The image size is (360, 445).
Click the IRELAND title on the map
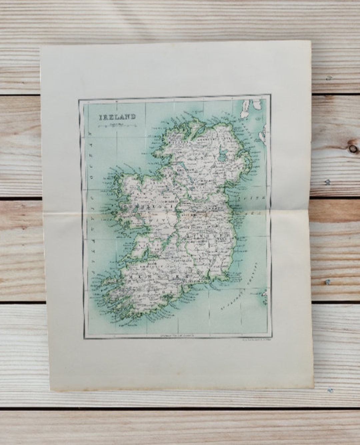[x=117, y=117]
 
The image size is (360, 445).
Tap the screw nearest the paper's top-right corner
[x=329, y=78]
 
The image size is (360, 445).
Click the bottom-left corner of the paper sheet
[x=51, y=390]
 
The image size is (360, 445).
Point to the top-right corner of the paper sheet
[x=311, y=41]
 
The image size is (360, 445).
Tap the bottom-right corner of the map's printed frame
[x=271, y=338]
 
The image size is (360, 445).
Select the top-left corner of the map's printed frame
[x=79, y=99]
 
